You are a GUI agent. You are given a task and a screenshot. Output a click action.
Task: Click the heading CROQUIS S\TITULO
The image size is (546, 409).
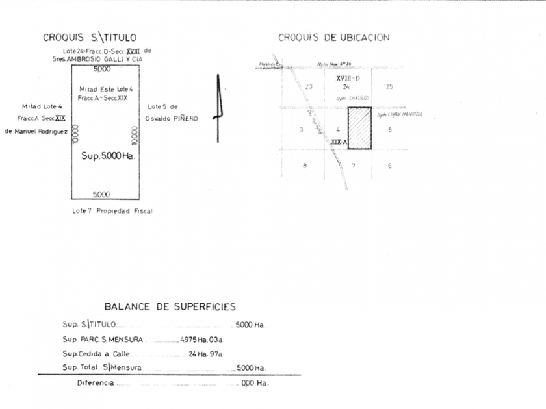[x=90, y=38]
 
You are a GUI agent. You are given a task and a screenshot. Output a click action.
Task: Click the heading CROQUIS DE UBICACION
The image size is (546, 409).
[x=334, y=38]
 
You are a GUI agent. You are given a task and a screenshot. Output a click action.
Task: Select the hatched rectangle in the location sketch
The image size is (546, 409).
[x=359, y=129]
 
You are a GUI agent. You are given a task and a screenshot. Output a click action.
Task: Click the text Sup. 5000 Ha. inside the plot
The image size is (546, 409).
[x=107, y=156]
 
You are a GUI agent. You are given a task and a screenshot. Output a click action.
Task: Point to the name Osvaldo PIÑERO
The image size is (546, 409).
[x=173, y=118]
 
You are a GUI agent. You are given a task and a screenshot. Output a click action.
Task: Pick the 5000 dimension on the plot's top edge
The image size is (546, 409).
[x=102, y=69]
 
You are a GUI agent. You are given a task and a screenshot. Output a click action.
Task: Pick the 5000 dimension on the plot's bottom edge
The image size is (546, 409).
[x=101, y=194]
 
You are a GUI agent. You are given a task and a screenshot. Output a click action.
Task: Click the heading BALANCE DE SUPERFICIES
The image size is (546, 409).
[x=170, y=306]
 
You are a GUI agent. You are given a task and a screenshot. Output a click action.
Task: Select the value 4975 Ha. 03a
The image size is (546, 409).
[x=201, y=339]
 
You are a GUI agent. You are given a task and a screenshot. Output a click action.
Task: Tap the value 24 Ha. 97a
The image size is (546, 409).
[x=205, y=354]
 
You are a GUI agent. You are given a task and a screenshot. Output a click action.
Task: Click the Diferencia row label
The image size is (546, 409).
[x=96, y=383]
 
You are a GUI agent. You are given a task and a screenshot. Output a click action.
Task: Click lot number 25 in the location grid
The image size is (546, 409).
[x=389, y=86]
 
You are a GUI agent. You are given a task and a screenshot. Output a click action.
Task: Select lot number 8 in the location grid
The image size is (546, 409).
[x=304, y=166]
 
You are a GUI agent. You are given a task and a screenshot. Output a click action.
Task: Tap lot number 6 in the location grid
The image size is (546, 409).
[x=389, y=166]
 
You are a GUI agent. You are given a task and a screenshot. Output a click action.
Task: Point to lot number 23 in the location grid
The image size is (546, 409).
[x=309, y=86]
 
